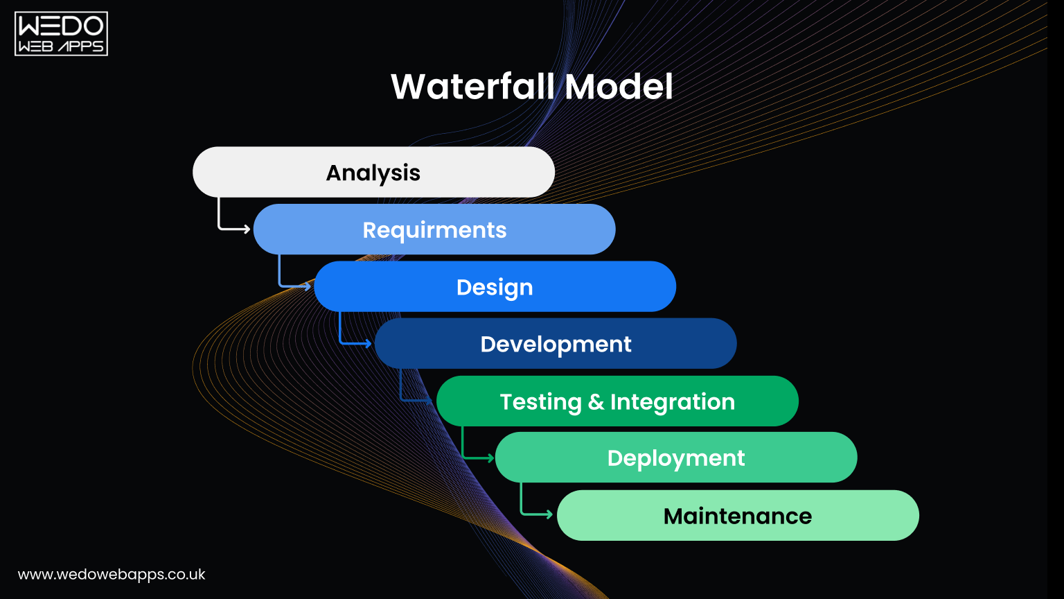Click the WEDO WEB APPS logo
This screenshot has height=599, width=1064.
pyautogui.click(x=61, y=33)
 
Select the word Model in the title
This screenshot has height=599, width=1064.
pyautogui.click(x=619, y=87)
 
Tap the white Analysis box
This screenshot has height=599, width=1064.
pyautogui.click(x=373, y=172)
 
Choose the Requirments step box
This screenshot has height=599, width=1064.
pyautogui.click(x=434, y=229)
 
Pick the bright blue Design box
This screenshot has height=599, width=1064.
pyautogui.click(x=495, y=286)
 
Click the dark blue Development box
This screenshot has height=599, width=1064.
pyautogui.click(x=556, y=344)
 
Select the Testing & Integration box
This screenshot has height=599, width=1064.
pyautogui.click(x=617, y=401)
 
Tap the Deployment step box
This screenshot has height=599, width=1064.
pyautogui.click(x=676, y=458)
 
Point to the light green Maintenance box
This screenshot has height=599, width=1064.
pyautogui.click(x=738, y=516)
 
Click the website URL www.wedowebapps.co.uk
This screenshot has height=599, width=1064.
pyautogui.click(x=112, y=575)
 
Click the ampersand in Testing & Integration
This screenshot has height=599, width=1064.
pyautogui.click(x=596, y=402)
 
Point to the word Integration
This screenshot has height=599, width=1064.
pyautogui.click(x=672, y=402)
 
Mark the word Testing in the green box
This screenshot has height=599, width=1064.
pyautogui.click(x=540, y=402)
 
